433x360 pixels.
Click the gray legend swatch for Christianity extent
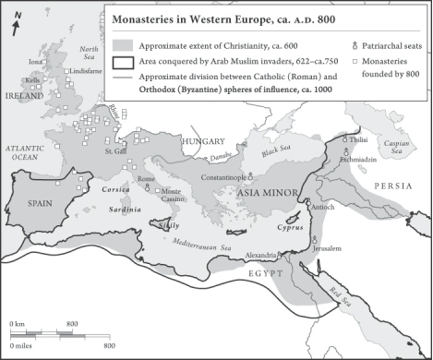[x=122, y=44]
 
